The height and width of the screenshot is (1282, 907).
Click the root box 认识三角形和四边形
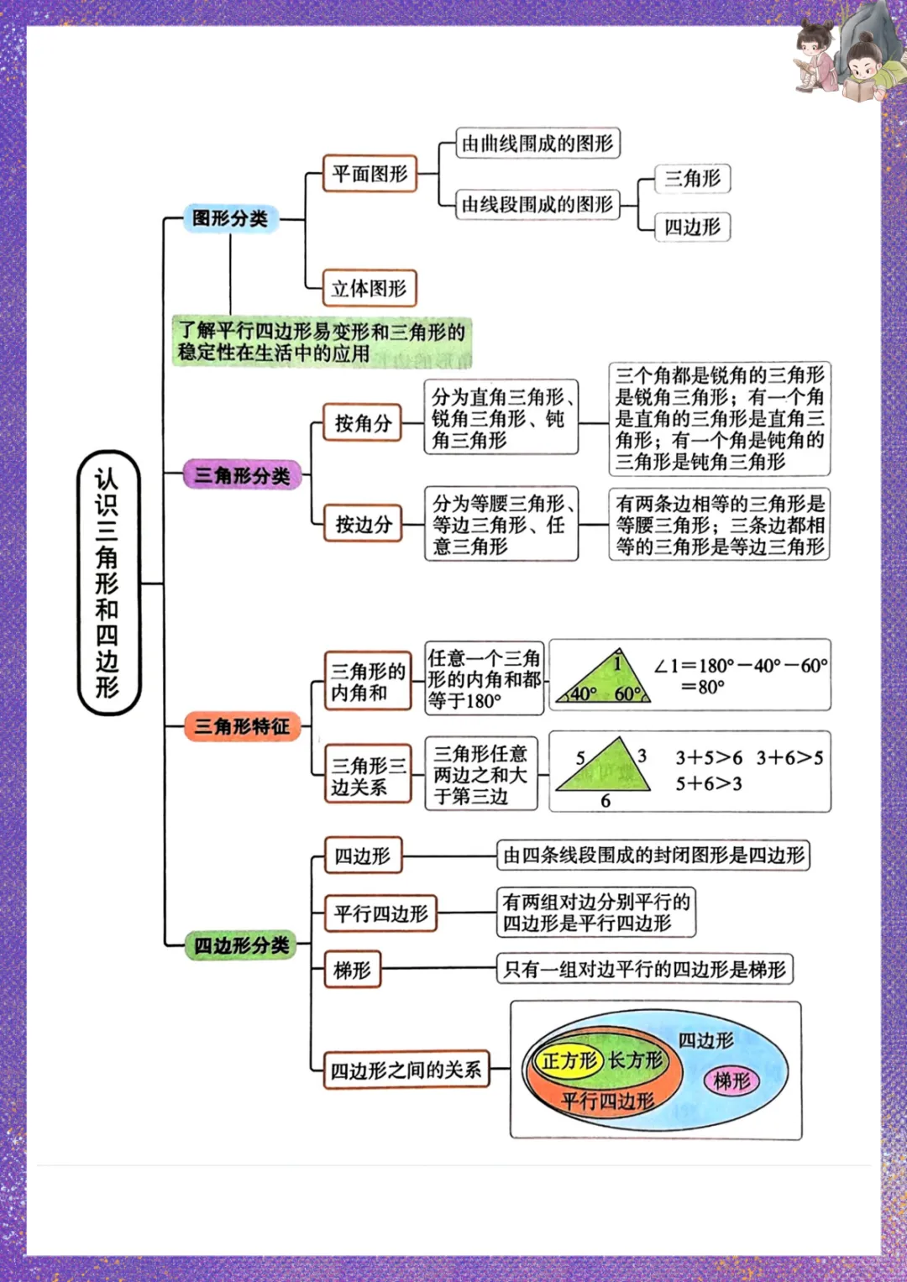click(108, 583)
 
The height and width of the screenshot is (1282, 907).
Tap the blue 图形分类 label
click(230, 218)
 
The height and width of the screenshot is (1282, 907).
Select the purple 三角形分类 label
click(242, 475)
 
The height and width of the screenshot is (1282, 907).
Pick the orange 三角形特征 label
click(242, 726)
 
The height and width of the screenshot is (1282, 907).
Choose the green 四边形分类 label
click(242, 945)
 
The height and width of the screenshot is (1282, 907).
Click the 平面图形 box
click(370, 174)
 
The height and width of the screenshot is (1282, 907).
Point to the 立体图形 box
click(369, 288)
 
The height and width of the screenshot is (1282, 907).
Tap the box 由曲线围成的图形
click(537, 143)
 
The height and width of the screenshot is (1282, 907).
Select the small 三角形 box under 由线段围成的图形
click(692, 178)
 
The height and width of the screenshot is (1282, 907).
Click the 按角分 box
click(363, 423)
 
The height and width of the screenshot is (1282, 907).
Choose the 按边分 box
click(364, 524)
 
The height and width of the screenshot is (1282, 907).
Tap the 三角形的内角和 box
click(368, 681)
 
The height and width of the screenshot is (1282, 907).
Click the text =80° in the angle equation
click(702, 688)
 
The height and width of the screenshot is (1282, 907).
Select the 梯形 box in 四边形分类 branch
click(352, 970)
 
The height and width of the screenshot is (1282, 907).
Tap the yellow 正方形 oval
click(569, 1060)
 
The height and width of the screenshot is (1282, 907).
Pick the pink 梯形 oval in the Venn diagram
click(731, 1081)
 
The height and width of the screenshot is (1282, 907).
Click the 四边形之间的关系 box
click(406, 1070)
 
